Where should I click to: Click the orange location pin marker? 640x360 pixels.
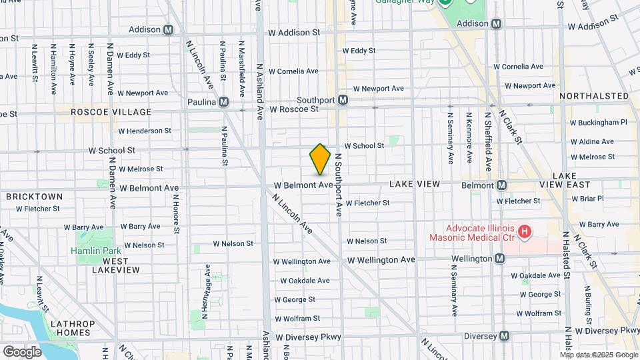[320, 159]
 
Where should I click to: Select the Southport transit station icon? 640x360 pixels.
[343, 100]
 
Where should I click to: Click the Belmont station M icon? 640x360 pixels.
[501, 185]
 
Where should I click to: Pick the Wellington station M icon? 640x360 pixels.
[499, 259]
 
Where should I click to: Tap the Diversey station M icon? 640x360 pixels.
[504, 336]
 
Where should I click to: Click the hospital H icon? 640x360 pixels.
[525, 232]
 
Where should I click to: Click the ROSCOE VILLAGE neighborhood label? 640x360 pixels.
[111, 112]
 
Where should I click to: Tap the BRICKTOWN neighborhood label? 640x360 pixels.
[34, 197]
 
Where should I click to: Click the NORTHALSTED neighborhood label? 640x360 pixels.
[594, 96]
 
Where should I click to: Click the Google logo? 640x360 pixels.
[22, 351]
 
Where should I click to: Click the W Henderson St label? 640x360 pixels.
[145, 131]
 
